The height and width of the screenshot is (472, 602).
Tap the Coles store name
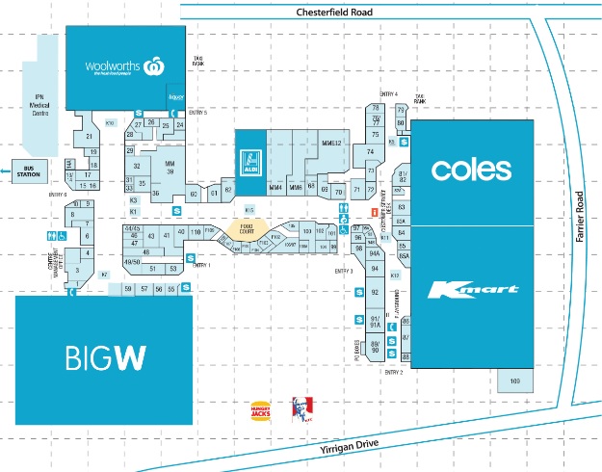click(x=471, y=170)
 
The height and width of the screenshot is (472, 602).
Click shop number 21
click(x=89, y=137)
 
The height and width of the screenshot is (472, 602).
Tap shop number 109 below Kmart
click(x=514, y=382)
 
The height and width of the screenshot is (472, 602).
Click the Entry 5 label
click(x=198, y=113)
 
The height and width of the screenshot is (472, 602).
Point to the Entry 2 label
click(x=393, y=372)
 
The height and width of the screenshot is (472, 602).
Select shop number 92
click(x=375, y=291)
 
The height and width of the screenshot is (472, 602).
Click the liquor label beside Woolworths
click(x=176, y=97)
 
